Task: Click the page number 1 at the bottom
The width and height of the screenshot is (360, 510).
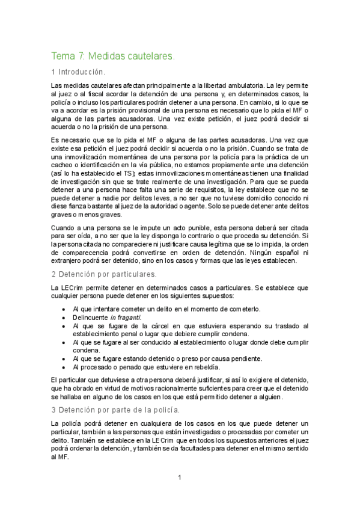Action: click(179, 478)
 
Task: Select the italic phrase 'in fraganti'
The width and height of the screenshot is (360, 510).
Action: click(125, 317)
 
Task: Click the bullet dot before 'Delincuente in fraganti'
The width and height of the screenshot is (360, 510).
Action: click(64, 317)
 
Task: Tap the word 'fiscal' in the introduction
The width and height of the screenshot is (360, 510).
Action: click(95, 94)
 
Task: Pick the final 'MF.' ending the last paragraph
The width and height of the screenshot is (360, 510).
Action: click(58, 456)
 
